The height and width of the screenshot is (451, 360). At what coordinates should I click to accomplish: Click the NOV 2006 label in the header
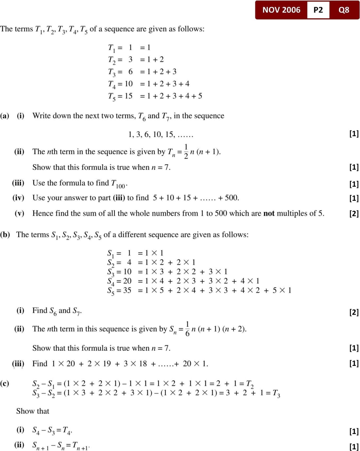(281, 10)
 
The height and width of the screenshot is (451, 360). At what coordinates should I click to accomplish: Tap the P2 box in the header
(318, 10)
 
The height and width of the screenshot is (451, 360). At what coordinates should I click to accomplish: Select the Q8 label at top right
(344, 10)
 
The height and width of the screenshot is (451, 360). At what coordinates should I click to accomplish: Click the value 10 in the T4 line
(129, 84)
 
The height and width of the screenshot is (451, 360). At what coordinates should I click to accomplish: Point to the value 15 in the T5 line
(129, 96)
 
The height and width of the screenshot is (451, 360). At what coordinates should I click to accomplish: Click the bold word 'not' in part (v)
(269, 214)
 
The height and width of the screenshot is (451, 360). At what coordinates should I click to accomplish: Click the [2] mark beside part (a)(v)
(354, 214)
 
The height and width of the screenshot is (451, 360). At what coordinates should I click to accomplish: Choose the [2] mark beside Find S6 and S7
(354, 312)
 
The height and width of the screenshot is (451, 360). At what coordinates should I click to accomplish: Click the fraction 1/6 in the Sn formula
(187, 329)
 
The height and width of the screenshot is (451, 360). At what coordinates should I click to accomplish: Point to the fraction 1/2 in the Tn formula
(186, 151)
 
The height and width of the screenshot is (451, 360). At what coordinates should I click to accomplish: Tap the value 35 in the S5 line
(127, 290)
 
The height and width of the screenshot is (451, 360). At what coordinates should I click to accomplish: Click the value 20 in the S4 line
(127, 281)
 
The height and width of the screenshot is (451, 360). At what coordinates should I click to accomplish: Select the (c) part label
(5, 383)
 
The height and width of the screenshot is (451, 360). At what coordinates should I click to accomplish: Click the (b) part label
(5, 235)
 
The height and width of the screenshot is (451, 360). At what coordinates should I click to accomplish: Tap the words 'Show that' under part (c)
(33, 411)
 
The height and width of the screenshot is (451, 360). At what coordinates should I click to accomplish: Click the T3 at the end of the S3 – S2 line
(276, 393)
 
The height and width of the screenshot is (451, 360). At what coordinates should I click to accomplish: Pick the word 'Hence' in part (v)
(43, 214)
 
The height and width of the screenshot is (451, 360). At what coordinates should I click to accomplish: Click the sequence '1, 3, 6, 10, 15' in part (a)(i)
(151, 134)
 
